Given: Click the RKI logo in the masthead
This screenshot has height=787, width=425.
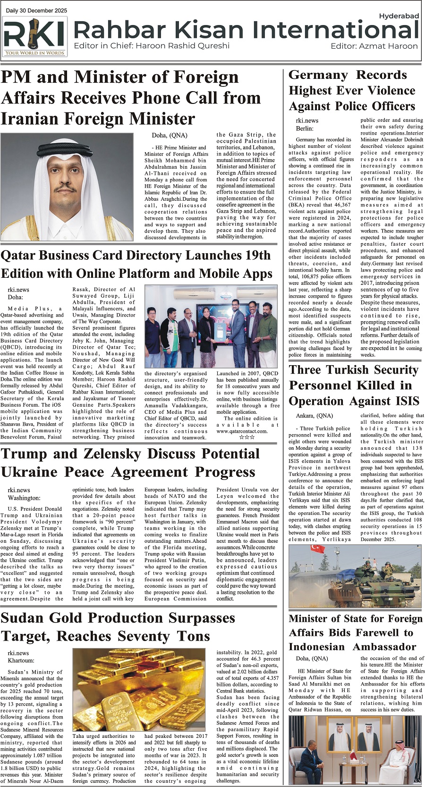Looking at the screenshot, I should point(34,37).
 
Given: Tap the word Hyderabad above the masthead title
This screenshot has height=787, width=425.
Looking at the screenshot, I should point(399,16).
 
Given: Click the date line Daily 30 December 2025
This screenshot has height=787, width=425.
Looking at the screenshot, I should point(36,10).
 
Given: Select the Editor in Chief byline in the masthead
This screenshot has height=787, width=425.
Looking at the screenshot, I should point(152,46).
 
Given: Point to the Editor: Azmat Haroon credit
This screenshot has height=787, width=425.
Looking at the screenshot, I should point(374,46).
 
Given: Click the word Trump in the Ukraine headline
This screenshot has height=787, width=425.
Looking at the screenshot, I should point(28,454).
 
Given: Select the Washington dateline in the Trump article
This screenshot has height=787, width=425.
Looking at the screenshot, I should point(24,498).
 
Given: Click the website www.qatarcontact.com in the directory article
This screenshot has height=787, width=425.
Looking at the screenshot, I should point(242,431).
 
